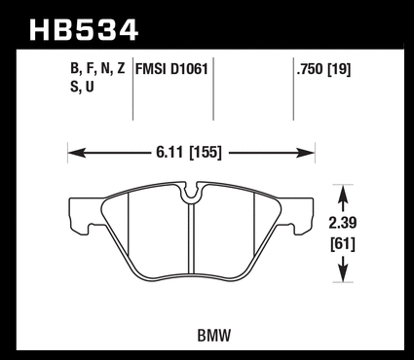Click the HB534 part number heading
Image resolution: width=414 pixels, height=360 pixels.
(x=84, y=30)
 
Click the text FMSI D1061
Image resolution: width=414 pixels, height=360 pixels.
(x=171, y=69)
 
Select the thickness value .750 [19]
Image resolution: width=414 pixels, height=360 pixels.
(x=323, y=69)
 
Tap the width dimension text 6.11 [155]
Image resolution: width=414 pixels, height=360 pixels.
(x=189, y=152)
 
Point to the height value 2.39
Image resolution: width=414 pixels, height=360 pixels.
(x=343, y=223)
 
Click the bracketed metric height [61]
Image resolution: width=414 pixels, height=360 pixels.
(x=343, y=244)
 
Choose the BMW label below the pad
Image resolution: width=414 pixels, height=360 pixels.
(x=213, y=336)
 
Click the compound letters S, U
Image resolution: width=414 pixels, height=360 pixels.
(x=82, y=87)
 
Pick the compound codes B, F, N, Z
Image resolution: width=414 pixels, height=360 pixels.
(x=97, y=69)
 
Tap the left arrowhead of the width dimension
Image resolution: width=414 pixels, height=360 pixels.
(x=77, y=153)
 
